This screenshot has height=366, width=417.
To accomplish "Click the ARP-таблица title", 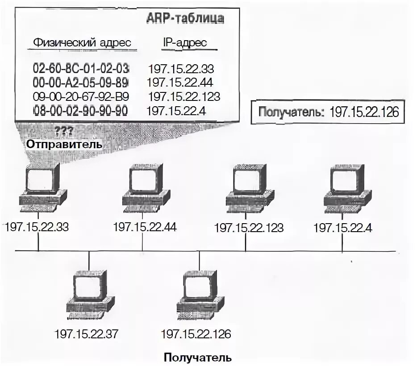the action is point(185,18).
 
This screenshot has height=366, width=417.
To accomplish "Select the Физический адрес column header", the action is point(82,43).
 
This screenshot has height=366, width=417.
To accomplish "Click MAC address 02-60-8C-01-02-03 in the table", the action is point(81,69).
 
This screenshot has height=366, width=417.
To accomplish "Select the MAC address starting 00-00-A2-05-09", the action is point(81,83).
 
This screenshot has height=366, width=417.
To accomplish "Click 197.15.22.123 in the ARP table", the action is point(184,96).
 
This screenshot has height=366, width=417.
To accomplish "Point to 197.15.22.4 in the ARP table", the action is point(176,111).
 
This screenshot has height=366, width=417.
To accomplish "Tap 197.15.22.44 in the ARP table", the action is point(180,83).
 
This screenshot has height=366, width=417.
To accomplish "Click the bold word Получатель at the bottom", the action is point(197,357).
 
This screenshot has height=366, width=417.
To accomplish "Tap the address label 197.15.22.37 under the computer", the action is point(88,334).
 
